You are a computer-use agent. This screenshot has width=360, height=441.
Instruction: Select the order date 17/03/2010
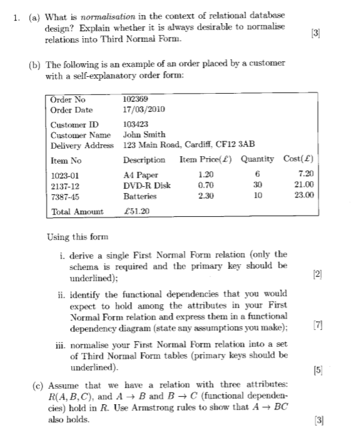(144, 109)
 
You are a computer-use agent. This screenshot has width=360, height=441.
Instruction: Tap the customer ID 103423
(137, 124)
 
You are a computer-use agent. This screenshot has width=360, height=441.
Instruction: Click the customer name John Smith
(144, 134)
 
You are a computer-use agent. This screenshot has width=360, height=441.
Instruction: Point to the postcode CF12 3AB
(238, 145)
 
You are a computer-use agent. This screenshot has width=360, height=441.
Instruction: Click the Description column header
(144, 160)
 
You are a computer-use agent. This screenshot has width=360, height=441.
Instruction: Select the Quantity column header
(257, 160)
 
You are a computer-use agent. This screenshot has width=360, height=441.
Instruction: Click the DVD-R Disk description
(147, 186)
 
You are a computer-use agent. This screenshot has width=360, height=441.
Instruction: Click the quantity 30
(257, 186)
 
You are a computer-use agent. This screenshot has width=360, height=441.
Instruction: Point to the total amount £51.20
(137, 212)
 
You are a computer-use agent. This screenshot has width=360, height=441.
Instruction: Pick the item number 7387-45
(64, 196)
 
